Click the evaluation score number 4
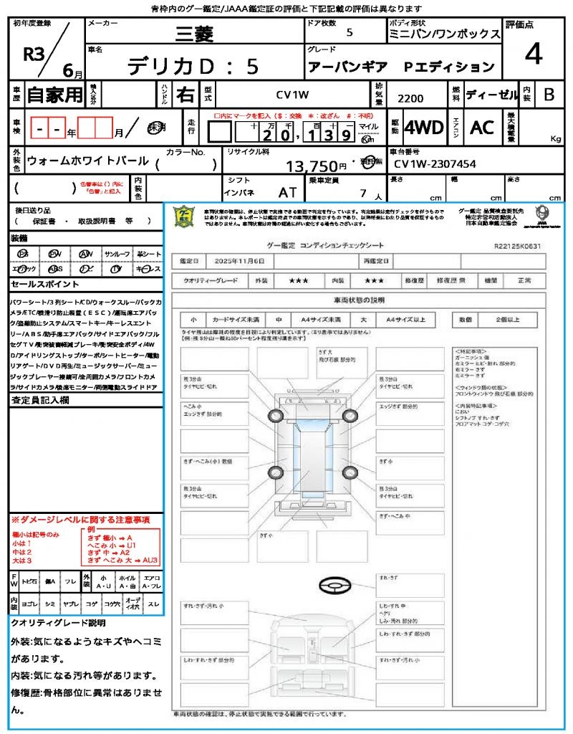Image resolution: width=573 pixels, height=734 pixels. (533, 54)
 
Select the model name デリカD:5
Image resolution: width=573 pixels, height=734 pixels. (193, 66)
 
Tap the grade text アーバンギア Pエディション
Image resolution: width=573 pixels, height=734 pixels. (401, 67)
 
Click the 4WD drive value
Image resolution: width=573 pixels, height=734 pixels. (423, 128)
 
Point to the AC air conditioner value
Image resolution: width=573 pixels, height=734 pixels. (482, 128)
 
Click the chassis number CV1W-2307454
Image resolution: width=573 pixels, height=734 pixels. (435, 164)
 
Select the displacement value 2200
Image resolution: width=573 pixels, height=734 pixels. (410, 99)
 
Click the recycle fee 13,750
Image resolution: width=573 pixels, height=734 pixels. (316, 166)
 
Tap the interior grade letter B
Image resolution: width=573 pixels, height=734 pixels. (549, 95)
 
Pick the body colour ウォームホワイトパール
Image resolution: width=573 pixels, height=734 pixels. (87, 161)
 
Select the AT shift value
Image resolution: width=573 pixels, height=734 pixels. (287, 192)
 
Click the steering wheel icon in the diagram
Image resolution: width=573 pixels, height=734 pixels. (335, 586)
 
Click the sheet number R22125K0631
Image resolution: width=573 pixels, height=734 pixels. (517, 246)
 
